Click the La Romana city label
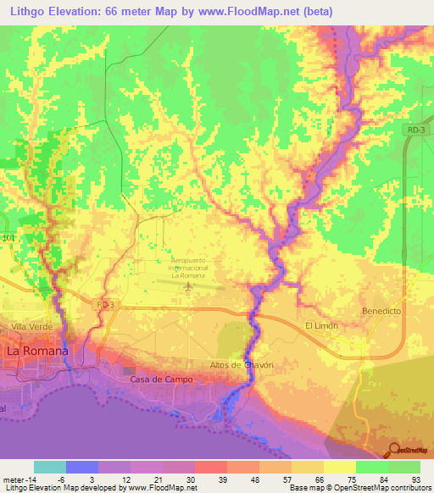click(x=36, y=350)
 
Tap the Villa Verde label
click(x=31, y=326)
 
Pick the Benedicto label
click(x=381, y=311)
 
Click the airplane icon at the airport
click(x=186, y=290)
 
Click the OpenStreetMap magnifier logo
click(x=395, y=450)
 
